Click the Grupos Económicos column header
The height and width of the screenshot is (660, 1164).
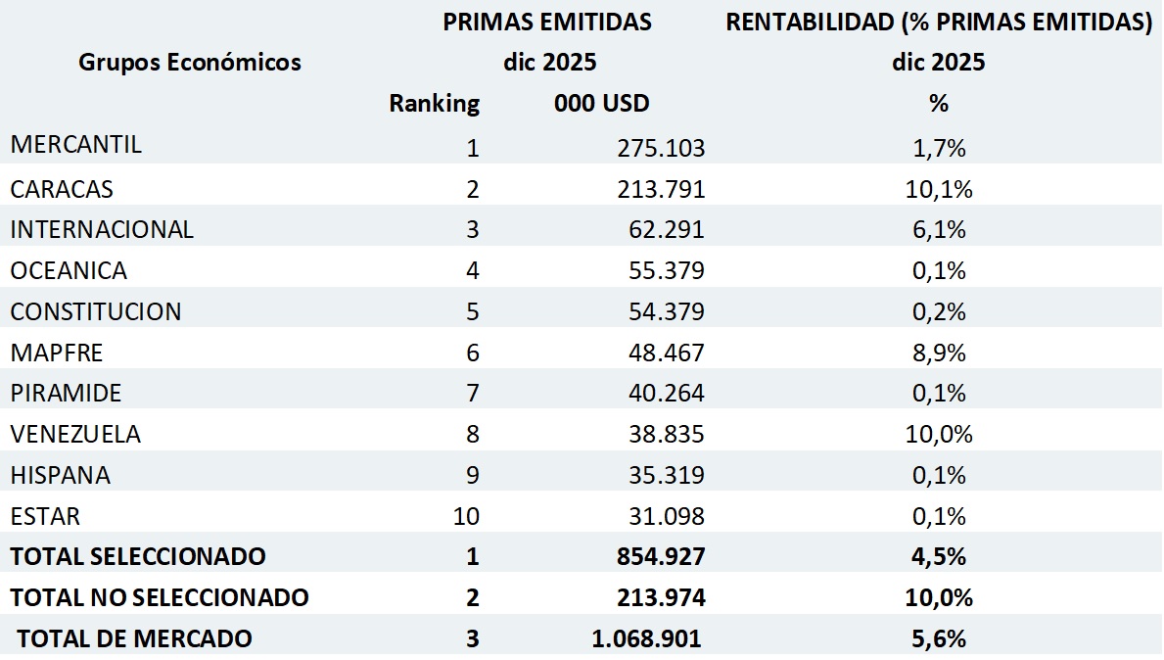pyautogui.click(x=190, y=63)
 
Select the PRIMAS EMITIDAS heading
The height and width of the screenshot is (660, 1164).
pyautogui.click(x=547, y=23)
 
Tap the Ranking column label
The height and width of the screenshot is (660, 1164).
pyautogui.click(x=434, y=103)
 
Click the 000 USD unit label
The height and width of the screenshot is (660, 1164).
pyautogui.click(x=601, y=103)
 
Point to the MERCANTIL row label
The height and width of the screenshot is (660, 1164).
pyautogui.click(x=76, y=145)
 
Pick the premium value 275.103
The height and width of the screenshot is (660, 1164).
pyautogui.click(x=661, y=148)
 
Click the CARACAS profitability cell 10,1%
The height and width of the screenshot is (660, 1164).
pyautogui.click(x=939, y=189)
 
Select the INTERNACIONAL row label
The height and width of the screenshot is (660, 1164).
pyautogui.click(x=102, y=229)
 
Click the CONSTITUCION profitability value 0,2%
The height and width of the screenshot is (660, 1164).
pyautogui.click(x=939, y=311)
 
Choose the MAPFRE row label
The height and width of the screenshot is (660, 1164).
pyautogui.click(x=57, y=353)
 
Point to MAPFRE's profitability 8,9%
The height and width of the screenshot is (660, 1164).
pyautogui.click(x=939, y=353)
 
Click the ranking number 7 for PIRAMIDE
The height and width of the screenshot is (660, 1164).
pyautogui.click(x=473, y=394)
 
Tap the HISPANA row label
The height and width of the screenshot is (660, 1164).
pyautogui.click(x=61, y=476)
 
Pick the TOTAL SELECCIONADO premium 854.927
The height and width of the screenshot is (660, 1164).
pyautogui.click(x=661, y=556)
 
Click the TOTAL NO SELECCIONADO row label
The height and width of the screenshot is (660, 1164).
pyautogui.click(x=160, y=597)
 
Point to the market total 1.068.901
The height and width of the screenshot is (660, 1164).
pyautogui.click(x=646, y=638)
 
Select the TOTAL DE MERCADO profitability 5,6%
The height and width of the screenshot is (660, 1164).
pyautogui.click(x=939, y=638)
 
